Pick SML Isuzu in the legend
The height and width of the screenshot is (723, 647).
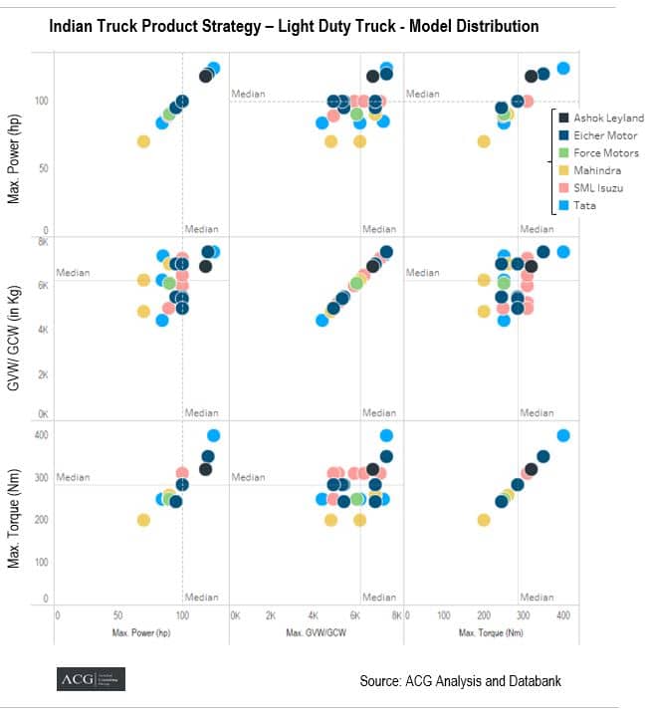597,187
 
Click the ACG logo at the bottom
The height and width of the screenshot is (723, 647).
91,679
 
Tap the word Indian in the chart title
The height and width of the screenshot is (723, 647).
73,27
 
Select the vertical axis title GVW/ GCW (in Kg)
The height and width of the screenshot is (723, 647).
15,328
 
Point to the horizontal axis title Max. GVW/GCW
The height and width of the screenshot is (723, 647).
317,632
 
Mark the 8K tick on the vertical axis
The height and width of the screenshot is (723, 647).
43,241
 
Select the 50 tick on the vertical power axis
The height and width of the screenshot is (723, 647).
43,167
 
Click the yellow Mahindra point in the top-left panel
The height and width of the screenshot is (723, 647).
143,141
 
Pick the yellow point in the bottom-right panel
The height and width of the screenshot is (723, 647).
484,520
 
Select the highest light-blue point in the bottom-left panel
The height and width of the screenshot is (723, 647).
213,435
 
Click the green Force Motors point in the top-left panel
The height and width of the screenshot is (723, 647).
169,114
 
